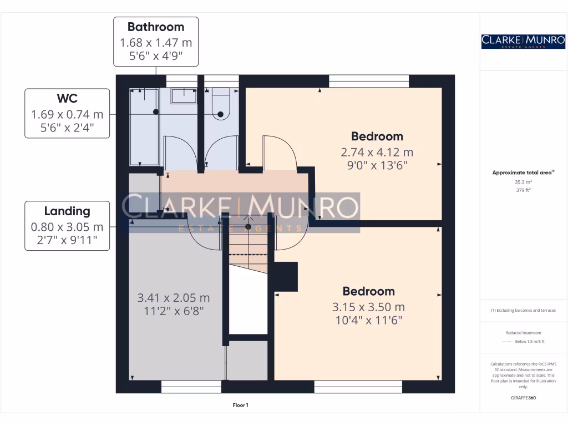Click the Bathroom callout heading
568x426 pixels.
(155, 27)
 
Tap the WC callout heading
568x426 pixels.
(67, 99)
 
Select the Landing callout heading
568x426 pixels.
(67, 211)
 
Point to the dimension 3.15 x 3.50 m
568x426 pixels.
(368, 307)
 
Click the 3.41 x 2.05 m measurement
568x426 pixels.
(174, 298)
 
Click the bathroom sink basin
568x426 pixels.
(183, 95)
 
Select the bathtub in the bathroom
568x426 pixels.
(144, 126)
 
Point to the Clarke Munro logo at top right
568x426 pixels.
(523, 41)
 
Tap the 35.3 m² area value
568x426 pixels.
(523, 181)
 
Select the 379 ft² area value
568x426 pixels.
(523, 190)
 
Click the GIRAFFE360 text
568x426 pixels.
(523, 398)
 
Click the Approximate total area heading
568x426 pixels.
(522, 173)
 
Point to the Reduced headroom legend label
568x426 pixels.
(523, 333)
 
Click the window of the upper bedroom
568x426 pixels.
(369, 81)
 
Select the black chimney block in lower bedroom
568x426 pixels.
(286, 276)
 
